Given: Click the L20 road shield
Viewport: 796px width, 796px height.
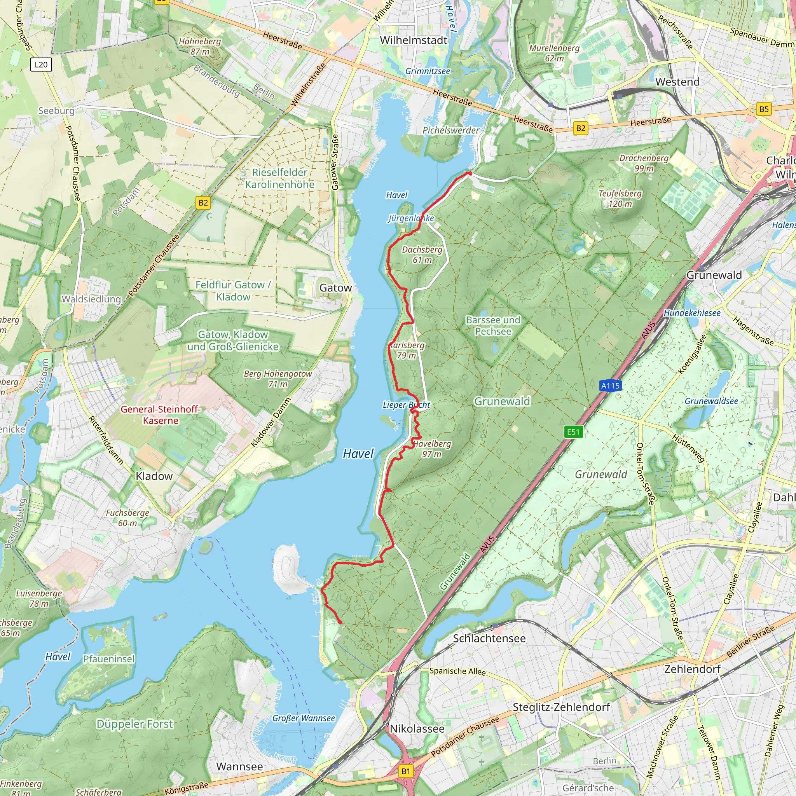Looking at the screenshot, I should pyautogui.click(x=41, y=64).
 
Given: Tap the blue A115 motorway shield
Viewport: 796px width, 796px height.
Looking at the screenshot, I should pyautogui.click(x=610, y=386).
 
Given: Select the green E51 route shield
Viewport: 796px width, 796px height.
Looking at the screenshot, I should pyautogui.click(x=573, y=432).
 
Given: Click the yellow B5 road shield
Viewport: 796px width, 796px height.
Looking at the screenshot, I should pyautogui.click(x=764, y=109).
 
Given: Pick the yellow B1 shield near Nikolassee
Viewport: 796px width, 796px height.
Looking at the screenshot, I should pyautogui.click(x=406, y=771).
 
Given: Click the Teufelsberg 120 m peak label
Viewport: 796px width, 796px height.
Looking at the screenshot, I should pyautogui.click(x=620, y=199).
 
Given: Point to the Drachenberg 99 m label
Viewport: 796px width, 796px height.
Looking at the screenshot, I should pyautogui.click(x=644, y=163).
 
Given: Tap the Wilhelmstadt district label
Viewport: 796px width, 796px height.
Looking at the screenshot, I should pyautogui.click(x=413, y=40).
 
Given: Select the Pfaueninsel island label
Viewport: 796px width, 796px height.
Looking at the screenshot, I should pyautogui.click(x=109, y=659).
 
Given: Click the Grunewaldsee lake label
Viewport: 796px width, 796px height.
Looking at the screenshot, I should pyautogui.click(x=711, y=401).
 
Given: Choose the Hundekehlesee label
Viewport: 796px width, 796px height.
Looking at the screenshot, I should pyautogui.click(x=692, y=313).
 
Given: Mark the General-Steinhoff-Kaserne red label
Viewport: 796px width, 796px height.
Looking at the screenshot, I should pyautogui.click(x=161, y=414).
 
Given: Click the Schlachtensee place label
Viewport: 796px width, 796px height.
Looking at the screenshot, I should pyautogui.click(x=489, y=638).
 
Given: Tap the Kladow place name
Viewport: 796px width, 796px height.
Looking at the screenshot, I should pyautogui.click(x=154, y=476).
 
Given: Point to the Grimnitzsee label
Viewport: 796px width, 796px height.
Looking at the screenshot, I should pyautogui.click(x=428, y=71).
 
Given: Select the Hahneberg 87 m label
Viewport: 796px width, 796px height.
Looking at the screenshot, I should pyautogui.click(x=200, y=47).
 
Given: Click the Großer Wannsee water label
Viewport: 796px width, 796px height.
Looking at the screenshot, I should pyautogui.click(x=304, y=718).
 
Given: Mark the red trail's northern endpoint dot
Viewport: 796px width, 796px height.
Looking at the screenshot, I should pyautogui.click(x=469, y=173).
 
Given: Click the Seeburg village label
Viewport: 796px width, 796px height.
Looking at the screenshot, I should pyautogui.click(x=56, y=111).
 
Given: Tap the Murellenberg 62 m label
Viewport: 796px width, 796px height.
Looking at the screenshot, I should pyautogui.click(x=554, y=53).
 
